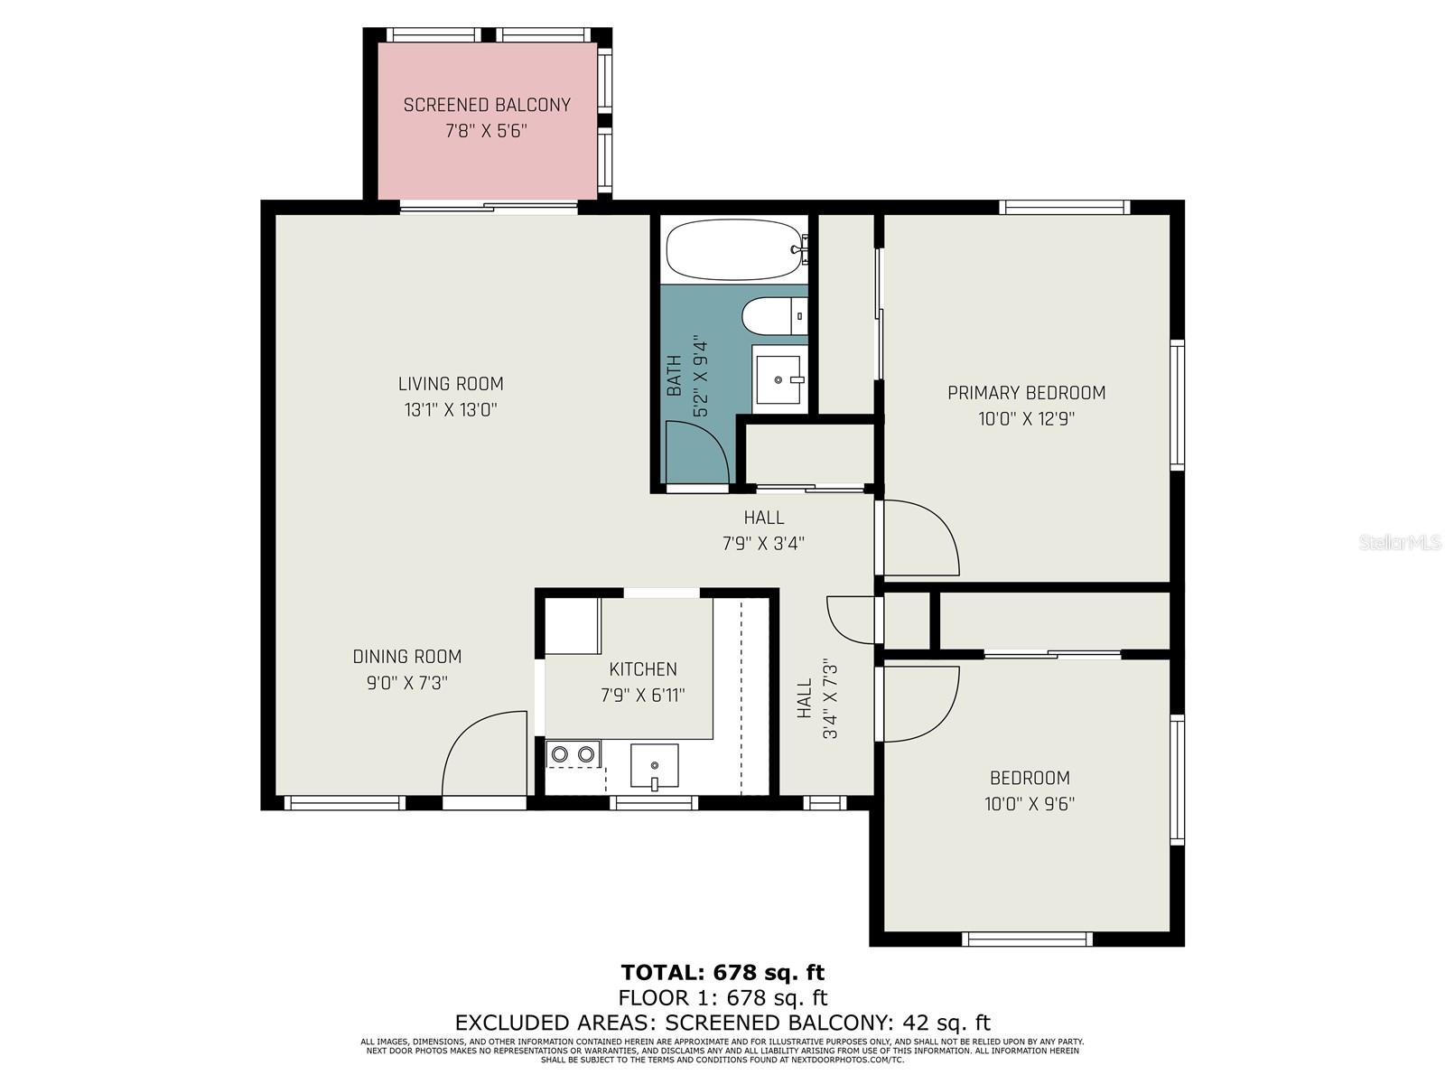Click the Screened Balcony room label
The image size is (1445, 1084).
(487, 105)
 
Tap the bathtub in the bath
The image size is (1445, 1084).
(734, 249)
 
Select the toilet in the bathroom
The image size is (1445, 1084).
(772, 316)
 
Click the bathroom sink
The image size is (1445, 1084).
(778, 379)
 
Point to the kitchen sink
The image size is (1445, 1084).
(654, 766)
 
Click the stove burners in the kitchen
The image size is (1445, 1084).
(573, 753)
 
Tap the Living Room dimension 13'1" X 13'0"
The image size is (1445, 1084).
(451, 410)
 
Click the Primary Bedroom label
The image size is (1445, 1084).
(1026, 393)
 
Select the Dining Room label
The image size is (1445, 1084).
(406, 657)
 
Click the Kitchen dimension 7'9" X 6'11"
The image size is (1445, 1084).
(643, 696)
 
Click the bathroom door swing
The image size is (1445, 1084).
(695, 452)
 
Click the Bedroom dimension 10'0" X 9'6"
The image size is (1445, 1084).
(1030, 804)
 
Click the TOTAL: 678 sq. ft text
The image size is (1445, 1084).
(722, 973)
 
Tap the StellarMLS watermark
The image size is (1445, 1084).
(1400, 542)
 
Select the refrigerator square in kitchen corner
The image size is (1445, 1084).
(573, 625)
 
